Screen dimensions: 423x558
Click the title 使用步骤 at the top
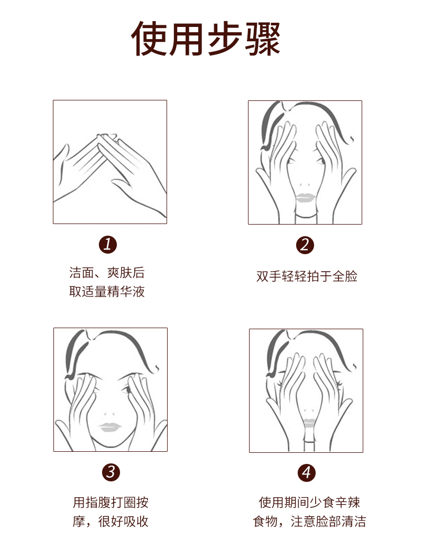coord(206,39)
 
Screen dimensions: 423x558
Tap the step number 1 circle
coord(107,245)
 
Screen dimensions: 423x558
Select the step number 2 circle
coord(305,245)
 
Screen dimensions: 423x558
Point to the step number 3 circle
coord(111,472)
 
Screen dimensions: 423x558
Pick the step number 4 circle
coord(307,472)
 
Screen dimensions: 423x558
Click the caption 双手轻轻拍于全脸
coord(307,276)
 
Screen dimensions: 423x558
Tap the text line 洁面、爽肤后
coord(107,273)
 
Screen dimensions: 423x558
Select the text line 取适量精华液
coord(107,292)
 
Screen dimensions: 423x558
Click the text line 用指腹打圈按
coord(111,502)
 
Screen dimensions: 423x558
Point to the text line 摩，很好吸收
coord(111,522)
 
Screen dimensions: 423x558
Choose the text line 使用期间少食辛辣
coord(309,502)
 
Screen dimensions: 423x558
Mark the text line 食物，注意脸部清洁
coord(309,522)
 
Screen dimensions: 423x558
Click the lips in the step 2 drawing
coord(305,198)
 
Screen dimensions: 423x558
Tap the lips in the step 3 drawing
coord(110,426)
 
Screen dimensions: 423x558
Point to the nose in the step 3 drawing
coord(109,414)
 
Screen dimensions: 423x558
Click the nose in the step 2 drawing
coord(305,185)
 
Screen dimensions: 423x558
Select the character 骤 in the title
coord(263,39)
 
